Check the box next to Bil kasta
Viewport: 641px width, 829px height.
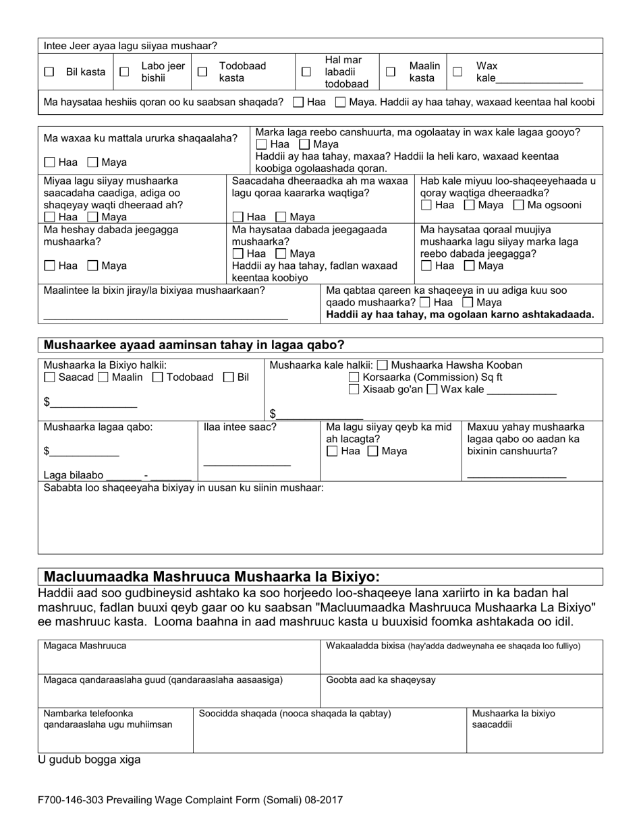point(49,72)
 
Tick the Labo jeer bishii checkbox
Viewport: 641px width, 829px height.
point(124,72)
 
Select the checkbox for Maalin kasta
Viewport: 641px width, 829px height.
point(391,71)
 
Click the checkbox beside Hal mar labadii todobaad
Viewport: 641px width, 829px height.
point(306,71)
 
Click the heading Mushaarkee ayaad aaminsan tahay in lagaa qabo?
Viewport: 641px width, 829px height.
point(194,345)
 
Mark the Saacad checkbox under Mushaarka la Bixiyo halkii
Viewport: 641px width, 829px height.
point(49,377)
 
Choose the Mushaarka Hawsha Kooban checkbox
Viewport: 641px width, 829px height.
point(383,365)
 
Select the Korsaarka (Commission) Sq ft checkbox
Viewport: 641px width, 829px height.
point(354,377)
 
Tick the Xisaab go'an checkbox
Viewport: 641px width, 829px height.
point(354,390)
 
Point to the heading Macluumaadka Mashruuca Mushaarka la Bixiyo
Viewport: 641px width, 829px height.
point(211,577)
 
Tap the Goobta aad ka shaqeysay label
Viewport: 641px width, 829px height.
point(381,680)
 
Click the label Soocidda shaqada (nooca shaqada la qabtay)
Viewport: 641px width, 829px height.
point(295,713)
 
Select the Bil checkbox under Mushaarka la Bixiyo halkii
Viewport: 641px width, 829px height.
point(229,377)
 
